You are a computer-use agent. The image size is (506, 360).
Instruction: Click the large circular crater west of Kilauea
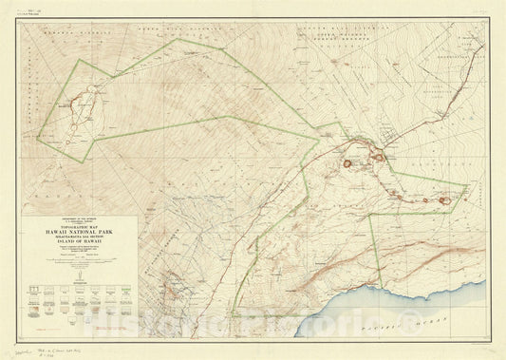[348, 163]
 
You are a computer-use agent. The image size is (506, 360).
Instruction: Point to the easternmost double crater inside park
[444, 199]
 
